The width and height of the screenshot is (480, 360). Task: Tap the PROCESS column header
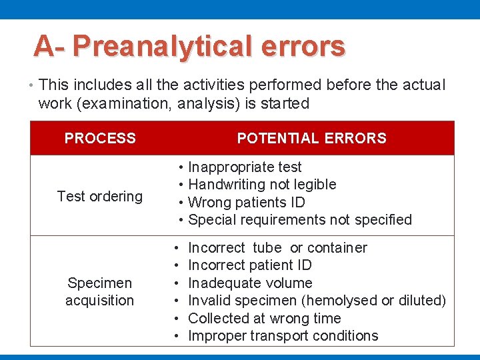100,139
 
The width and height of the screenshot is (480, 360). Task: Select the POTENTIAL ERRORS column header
311,139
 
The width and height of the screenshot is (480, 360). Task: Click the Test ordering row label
100,196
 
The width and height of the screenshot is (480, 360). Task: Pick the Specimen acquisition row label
100,292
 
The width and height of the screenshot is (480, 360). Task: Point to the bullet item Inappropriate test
245,167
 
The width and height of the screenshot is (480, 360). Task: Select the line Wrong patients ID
247,202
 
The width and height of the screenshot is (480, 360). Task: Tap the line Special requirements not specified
300,219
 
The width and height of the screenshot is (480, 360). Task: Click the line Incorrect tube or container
277,248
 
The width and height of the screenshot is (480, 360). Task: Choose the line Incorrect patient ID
250,265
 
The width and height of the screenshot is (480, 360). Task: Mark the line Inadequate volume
250,283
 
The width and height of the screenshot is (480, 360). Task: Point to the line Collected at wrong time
265,318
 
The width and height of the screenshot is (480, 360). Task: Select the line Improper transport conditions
283,335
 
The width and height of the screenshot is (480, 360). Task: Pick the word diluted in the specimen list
421,301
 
